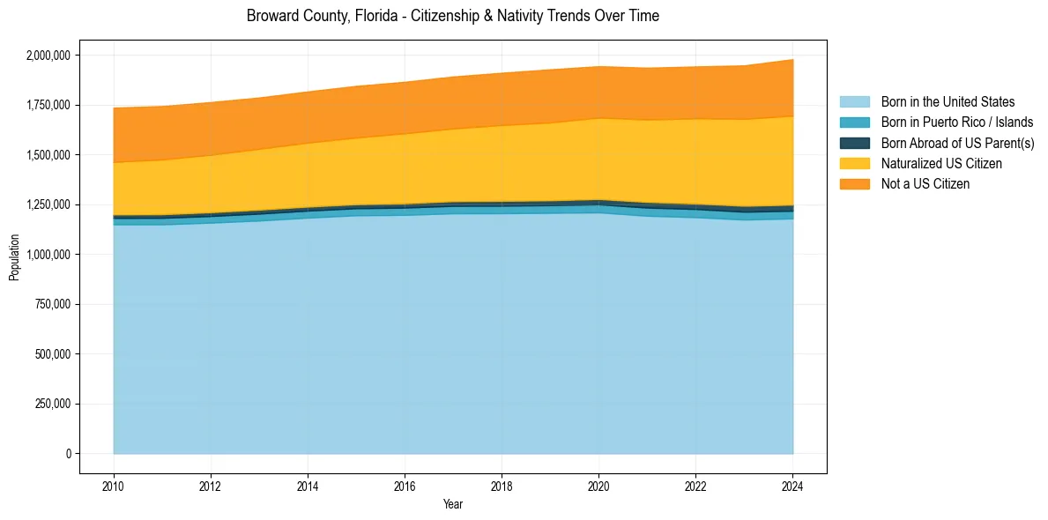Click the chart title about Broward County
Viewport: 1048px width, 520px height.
[452, 16]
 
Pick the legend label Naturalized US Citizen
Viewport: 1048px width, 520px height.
[941, 164]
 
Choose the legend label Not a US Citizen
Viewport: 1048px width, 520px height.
[925, 184]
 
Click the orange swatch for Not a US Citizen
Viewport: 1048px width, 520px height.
[854, 184]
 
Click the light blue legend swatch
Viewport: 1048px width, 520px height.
[854, 102]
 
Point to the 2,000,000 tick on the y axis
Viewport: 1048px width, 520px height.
[49, 56]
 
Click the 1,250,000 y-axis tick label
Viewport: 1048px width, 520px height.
[49, 204]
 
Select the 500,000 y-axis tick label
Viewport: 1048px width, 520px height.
[53, 354]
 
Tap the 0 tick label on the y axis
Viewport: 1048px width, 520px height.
[68, 454]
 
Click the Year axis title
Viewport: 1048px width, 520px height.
[452, 504]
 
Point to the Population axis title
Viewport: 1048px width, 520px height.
[14, 257]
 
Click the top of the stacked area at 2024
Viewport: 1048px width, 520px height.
[792, 60]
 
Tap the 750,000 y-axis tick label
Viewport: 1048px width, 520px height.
[53, 304]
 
